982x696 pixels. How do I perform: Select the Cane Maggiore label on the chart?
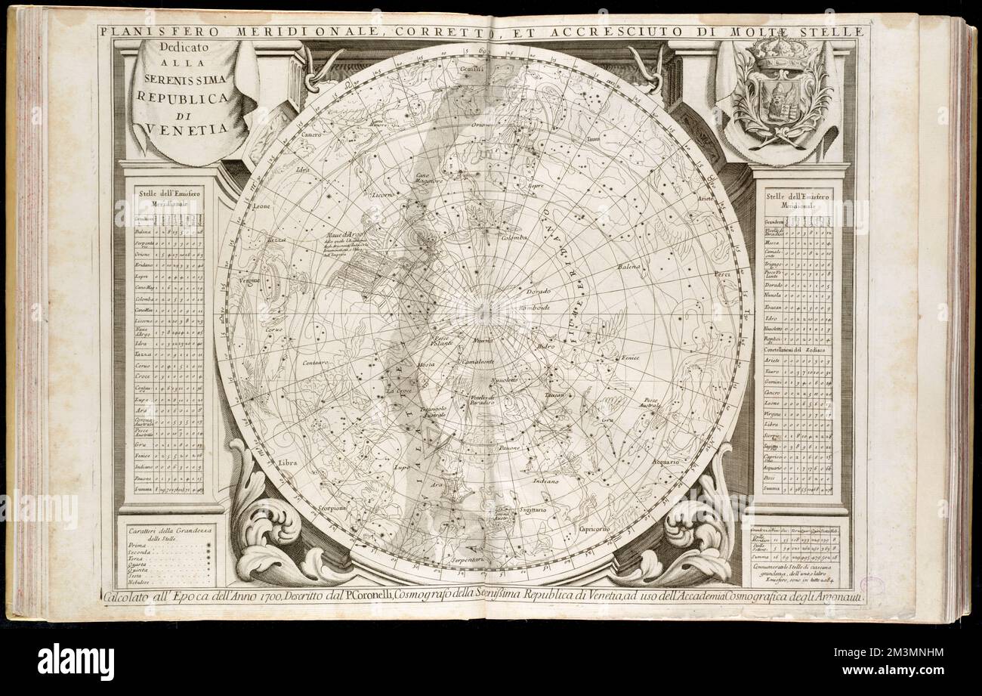[x=428, y=178]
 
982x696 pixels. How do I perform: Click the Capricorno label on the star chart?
[x=594, y=529]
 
